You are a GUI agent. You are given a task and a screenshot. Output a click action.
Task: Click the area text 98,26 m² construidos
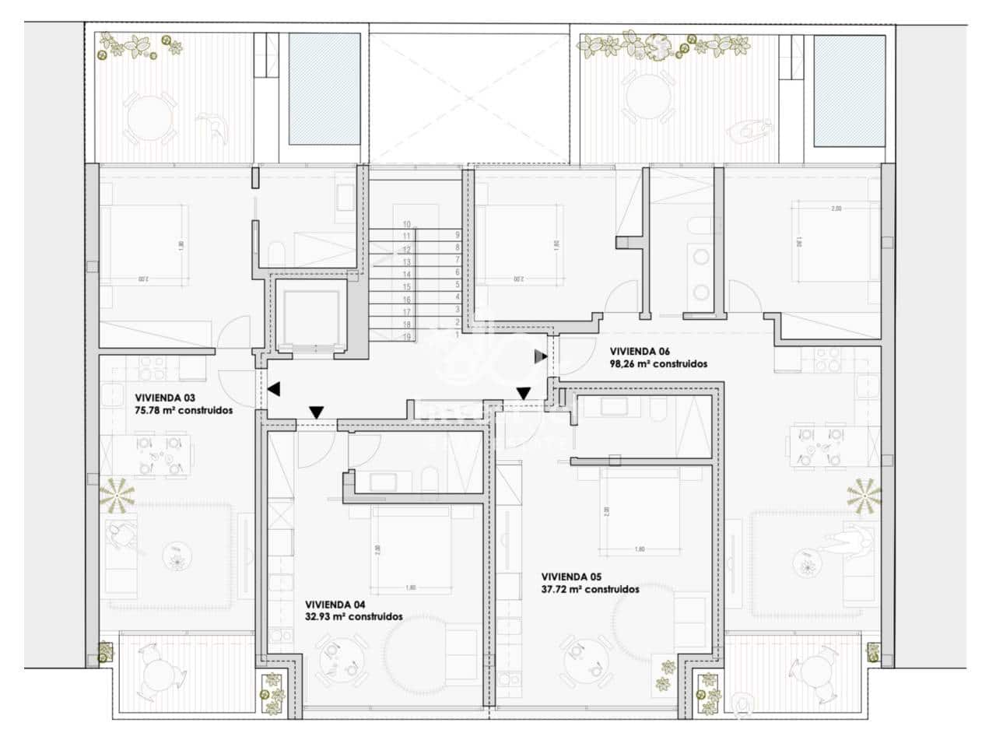[x=658, y=363]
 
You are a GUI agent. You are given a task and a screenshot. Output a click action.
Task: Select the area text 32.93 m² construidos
[x=353, y=616]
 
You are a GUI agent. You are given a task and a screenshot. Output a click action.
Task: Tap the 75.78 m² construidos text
[x=183, y=410]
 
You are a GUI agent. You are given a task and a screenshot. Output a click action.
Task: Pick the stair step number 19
[x=406, y=336]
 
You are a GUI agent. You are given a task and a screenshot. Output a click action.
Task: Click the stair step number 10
[x=406, y=224]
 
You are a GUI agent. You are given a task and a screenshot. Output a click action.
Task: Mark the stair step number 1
[x=458, y=334]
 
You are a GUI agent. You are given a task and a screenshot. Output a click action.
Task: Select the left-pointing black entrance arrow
[x=274, y=388]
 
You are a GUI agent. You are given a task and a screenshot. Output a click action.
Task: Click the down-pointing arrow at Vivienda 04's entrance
[x=316, y=412]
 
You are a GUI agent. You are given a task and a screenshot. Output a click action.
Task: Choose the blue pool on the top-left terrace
[x=322, y=89]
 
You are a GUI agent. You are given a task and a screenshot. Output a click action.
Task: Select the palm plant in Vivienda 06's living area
[x=864, y=494]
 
